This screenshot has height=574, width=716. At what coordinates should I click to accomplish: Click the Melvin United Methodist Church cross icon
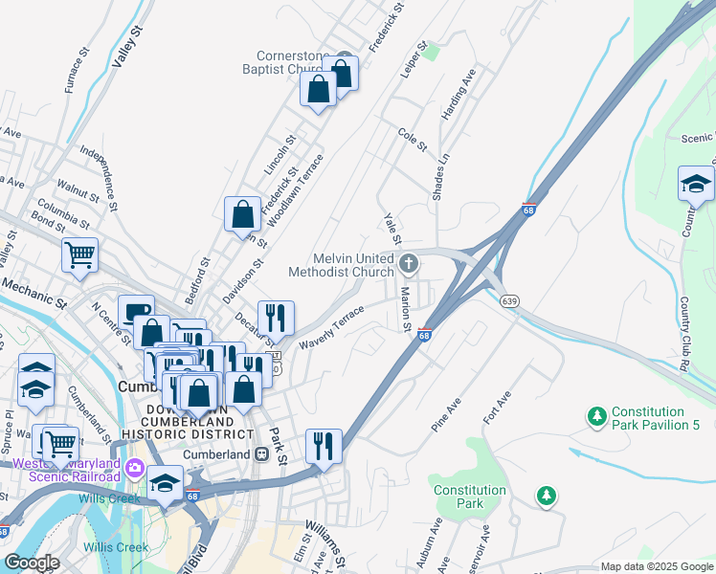tap(409, 262)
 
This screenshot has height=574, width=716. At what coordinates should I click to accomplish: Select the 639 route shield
tap(511, 301)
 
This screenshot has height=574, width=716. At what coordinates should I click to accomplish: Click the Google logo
tap(32, 563)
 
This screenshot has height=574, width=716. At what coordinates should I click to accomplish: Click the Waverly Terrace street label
tap(331, 326)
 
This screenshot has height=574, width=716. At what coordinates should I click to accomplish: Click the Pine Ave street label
tap(447, 412)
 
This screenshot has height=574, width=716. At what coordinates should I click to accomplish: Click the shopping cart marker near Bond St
tap(79, 254)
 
